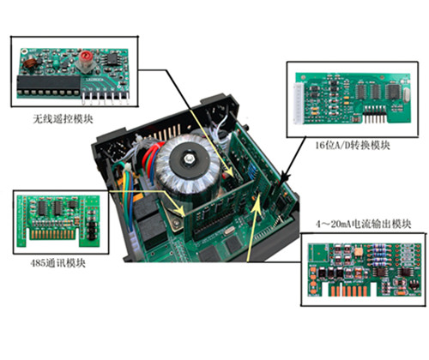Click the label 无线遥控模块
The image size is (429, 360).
click(x=63, y=118)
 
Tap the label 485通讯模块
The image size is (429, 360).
click(x=58, y=263)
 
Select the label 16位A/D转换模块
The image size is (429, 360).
click(x=353, y=146)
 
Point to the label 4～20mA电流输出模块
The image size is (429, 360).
click(x=363, y=224)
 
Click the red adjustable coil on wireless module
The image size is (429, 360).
click(x=85, y=57)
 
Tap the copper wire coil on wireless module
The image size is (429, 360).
click(x=29, y=63)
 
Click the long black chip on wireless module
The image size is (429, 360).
click(x=49, y=85)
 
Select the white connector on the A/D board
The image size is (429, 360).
click(x=299, y=103)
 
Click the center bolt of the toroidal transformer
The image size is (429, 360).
click(x=188, y=159)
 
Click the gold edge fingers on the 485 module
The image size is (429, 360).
click(x=53, y=234)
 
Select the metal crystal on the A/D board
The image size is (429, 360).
click(x=406, y=93)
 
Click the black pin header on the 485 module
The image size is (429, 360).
click(x=92, y=230)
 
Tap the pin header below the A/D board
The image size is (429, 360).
click(x=374, y=114)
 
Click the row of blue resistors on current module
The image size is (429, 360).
click(x=379, y=254)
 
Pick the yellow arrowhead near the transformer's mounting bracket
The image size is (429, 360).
click(x=179, y=210)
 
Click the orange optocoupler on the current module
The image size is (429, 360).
click(x=358, y=252)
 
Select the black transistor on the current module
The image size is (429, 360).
click(x=413, y=284)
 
